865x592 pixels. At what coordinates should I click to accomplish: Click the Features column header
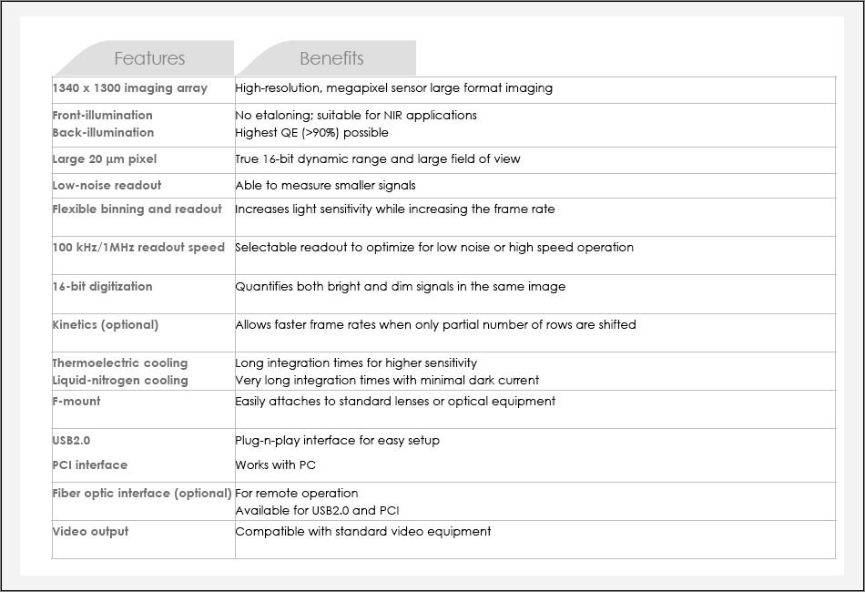tap(149, 58)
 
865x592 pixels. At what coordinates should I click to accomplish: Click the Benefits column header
tap(331, 58)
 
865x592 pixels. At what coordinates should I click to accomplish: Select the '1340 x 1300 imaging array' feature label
tap(130, 88)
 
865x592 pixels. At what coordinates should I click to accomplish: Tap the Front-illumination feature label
tap(103, 115)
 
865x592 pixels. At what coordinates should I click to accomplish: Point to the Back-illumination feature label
tap(103, 132)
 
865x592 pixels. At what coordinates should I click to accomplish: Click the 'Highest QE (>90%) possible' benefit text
tap(311, 132)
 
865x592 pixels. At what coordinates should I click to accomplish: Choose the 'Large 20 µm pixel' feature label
tap(105, 158)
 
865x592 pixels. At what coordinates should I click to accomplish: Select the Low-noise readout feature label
tap(107, 185)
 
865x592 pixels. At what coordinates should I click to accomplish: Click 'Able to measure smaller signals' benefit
tap(325, 185)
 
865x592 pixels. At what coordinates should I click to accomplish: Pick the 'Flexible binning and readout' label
tap(137, 209)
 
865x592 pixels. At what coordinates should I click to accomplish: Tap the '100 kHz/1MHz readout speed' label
tap(138, 247)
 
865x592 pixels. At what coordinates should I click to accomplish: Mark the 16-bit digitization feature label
tap(103, 286)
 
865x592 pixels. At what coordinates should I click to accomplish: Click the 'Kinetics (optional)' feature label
tap(106, 324)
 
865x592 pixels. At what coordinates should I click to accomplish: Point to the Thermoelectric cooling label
tap(120, 362)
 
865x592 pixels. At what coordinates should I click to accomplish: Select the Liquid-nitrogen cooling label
tap(120, 380)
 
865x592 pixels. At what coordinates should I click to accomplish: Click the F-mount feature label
tap(76, 401)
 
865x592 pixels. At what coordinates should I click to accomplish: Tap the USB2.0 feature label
tap(72, 440)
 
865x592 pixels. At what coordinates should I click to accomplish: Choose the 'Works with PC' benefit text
tap(276, 464)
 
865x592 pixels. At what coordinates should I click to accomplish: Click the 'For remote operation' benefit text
tap(297, 493)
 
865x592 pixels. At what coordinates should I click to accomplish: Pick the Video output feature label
tap(91, 531)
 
